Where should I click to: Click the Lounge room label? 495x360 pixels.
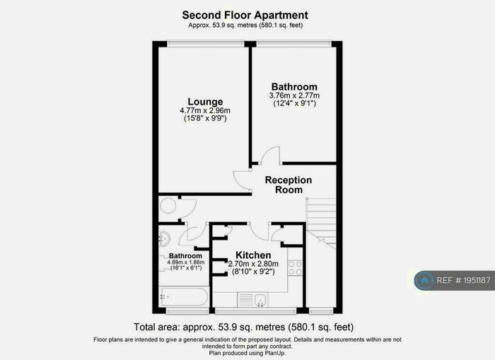coord(205,102)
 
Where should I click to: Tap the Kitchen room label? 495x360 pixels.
coord(253,255)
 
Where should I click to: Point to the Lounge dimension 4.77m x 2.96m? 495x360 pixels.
coord(205,111)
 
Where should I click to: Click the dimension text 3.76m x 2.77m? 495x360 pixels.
coord(294,95)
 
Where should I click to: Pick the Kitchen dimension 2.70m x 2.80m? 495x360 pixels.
coord(253,263)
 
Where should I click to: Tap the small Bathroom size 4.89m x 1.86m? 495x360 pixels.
coord(185,262)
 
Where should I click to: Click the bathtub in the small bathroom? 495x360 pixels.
coord(184,296)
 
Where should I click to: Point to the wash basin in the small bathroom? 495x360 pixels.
coord(163,238)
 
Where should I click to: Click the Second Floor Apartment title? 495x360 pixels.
coord(245,14)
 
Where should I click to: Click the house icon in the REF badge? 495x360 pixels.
coord(425,281)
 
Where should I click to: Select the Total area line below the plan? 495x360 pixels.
coord(243,327)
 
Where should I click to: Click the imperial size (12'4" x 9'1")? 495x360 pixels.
coord(294,104)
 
